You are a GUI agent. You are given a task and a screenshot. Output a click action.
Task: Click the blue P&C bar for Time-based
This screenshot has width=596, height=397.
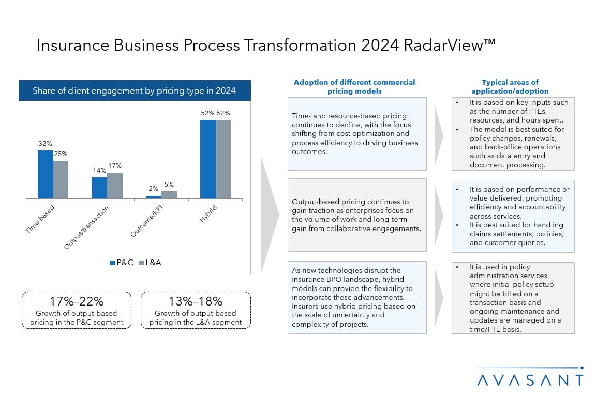click(46, 174)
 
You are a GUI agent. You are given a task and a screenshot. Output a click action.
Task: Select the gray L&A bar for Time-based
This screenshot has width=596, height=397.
click(61, 179)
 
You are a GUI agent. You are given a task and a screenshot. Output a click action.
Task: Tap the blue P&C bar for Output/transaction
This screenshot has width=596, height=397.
click(99, 188)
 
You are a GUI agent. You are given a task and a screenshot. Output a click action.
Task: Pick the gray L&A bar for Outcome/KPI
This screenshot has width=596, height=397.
click(169, 195)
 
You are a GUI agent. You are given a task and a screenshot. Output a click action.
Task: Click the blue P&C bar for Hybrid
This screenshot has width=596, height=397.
click(208, 159)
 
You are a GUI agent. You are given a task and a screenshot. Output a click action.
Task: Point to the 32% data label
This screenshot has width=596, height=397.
click(44, 143)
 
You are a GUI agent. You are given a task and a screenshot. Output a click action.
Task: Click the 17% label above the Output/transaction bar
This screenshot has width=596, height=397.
click(115, 166)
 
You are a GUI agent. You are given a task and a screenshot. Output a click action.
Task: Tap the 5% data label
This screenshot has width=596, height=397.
click(169, 184)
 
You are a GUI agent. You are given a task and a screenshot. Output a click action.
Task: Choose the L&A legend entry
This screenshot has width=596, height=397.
click(150, 263)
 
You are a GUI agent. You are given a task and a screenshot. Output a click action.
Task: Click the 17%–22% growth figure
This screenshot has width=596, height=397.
click(76, 301)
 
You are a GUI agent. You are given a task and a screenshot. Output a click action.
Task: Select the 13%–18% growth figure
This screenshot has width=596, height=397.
click(196, 301)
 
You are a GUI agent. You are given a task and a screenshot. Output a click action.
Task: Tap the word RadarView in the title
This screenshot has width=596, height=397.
click(444, 45)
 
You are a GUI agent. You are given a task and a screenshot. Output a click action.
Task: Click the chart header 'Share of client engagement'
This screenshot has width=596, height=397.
click(134, 90)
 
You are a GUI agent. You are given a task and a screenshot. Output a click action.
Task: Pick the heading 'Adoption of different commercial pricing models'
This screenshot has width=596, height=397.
click(354, 86)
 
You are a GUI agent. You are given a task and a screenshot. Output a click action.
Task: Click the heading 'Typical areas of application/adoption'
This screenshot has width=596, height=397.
click(510, 86)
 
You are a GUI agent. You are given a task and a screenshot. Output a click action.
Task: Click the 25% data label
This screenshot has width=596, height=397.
click(61, 154)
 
